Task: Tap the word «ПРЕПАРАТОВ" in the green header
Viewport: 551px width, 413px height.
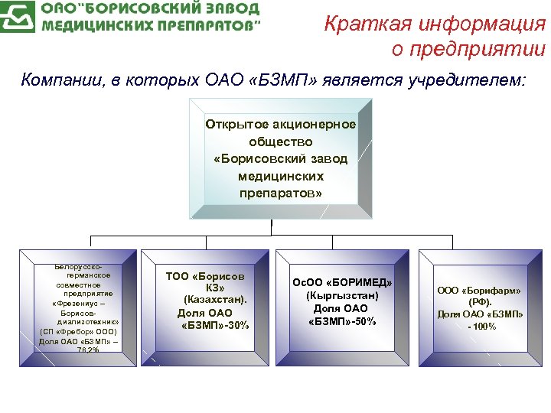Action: click(x=201, y=25)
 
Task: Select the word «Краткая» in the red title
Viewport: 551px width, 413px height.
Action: click(x=367, y=24)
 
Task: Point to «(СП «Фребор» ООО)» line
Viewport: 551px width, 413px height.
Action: click(x=78, y=332)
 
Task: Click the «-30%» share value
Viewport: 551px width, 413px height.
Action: click(x=233, y=326)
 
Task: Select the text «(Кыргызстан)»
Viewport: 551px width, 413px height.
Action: click(x=342, y=295)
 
